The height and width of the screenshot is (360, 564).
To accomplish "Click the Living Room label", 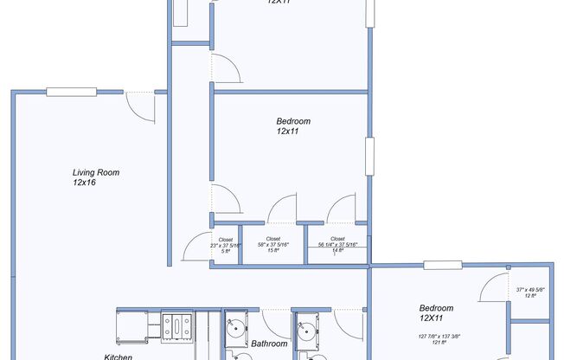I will [x=95, y=172].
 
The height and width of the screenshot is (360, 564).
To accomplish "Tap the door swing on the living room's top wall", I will [x=139, y=105].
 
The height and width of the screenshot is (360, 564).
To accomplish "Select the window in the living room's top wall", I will [x=70, y=92].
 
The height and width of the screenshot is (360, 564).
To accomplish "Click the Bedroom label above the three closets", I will [x=292, y=121].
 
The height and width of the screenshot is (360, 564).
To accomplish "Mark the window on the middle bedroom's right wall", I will [x=369, y=157].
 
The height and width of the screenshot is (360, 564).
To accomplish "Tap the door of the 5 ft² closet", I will [x=196, y=248].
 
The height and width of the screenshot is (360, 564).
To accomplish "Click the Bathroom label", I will [x=269, y=344].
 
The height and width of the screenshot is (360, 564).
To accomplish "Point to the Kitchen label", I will [x=119, y=356].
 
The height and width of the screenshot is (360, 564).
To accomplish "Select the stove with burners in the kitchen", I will [x=178, y=326].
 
